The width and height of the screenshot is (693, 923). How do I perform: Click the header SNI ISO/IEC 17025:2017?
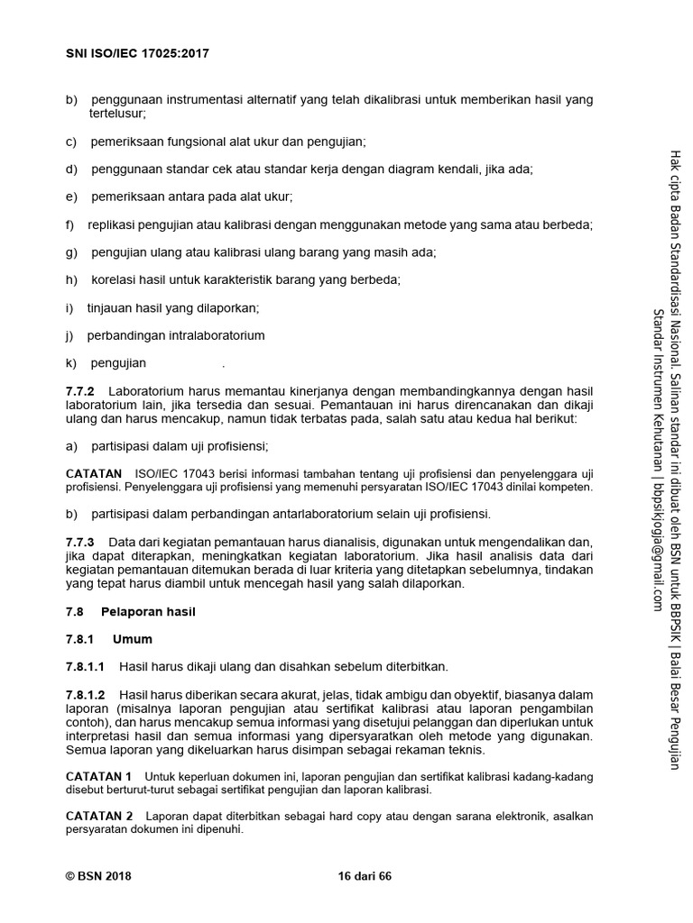pos(138,53)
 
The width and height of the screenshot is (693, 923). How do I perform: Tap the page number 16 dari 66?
pos(364,875)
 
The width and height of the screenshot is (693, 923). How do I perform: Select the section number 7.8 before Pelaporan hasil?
pos(75,611)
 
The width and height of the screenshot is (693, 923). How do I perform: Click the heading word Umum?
pos(133,639)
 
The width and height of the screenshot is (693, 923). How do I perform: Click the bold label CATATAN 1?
pos(99,775)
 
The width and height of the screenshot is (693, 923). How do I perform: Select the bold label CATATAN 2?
pos(99,817)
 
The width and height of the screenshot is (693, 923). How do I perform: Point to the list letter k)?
pos(70,363)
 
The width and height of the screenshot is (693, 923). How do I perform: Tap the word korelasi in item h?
pos(115,279)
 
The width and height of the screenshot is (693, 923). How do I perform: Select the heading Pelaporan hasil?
pos(148,611)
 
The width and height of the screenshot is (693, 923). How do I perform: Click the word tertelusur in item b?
pos(117,114)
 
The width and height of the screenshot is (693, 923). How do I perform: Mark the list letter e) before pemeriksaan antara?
pos(70,196)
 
